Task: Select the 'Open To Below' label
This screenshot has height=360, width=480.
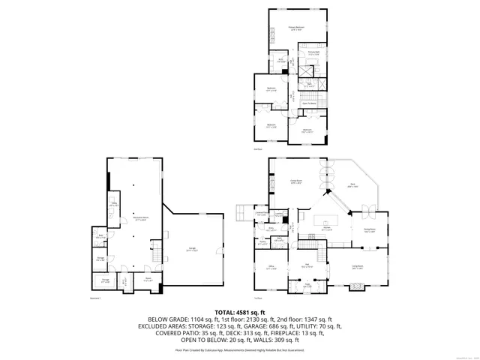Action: click(x=307, y=103)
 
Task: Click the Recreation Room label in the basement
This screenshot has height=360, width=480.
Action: click(x=141, y=219)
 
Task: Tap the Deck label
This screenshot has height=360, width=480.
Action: click(x=351, y=184)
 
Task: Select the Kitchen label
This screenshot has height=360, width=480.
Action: click(x=327, y=227)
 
